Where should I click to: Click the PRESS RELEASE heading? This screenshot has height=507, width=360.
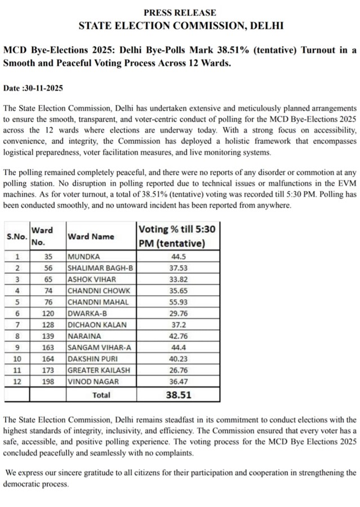[180, 12]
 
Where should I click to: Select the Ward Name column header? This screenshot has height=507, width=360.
[91, 237]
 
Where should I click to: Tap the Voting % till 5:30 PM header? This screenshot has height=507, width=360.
[179, 236]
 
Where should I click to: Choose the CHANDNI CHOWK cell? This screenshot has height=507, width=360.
[99, 291]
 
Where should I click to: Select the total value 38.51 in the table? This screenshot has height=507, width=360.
[179, 394]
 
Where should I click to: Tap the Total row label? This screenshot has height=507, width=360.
[101, 395]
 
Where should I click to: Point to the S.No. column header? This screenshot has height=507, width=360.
[17, 237]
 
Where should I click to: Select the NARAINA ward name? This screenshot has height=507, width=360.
[83, 335]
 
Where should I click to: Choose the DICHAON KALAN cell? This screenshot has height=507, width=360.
[96, 324]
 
